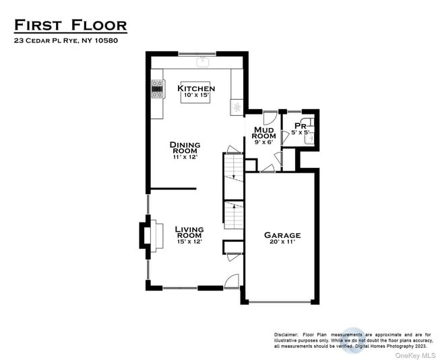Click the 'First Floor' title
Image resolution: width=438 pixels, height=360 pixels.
click(x=70, y=26)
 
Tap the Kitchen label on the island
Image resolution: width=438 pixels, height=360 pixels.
click(x=196, y=88)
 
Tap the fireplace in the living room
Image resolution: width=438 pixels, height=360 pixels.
click(x=147, y=235)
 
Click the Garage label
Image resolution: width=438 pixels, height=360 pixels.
click(x=282, y=235)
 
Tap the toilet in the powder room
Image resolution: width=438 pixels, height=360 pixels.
click(x=313, y=136)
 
